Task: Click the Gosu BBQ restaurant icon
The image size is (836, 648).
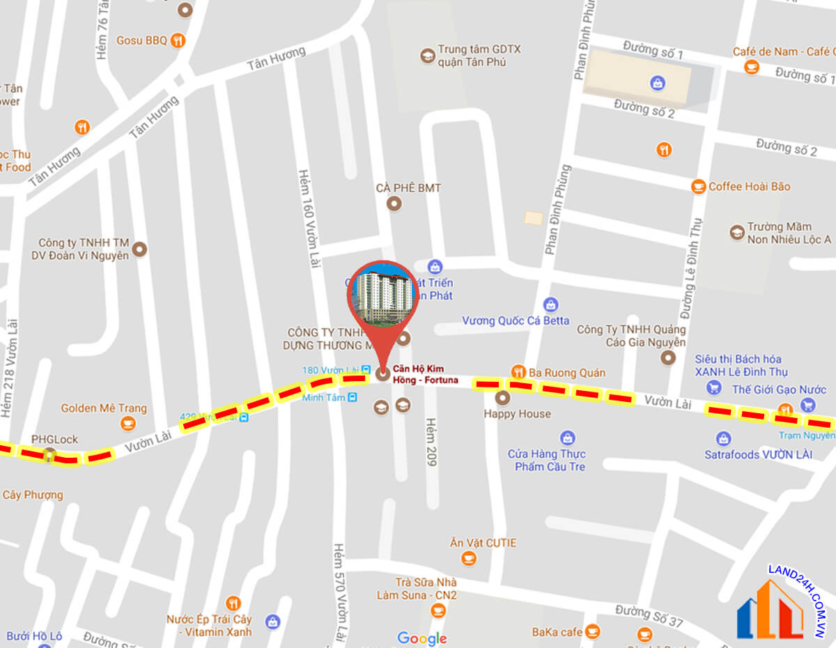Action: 178,40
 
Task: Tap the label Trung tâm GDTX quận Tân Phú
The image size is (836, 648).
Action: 479,56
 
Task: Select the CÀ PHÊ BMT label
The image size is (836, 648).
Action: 408,188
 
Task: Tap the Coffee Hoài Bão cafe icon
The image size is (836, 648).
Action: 698,186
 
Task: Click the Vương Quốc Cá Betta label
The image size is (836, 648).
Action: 516,321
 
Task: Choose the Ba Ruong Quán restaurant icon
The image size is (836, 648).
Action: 518,372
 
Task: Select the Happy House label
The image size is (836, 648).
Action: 517,414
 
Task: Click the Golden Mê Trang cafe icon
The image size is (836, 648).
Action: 127,423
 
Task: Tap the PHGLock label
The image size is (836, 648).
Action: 54,440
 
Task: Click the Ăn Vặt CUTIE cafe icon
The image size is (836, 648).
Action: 469,558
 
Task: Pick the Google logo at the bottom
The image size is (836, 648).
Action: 422,638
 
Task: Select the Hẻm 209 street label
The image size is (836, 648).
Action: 431,442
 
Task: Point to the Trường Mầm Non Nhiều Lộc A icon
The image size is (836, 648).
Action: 737,233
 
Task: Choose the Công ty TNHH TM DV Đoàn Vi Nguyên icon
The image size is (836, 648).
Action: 140,249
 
